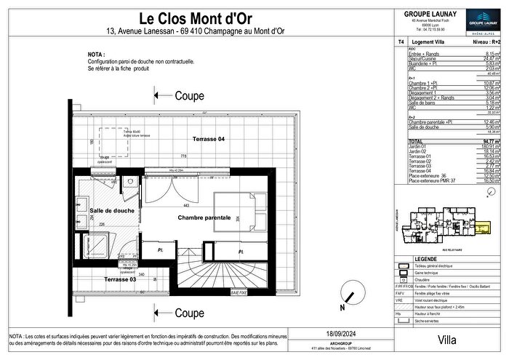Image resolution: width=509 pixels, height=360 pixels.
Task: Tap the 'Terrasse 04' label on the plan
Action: [208, 138]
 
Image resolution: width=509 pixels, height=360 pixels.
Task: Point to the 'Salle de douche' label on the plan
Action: [112, 211]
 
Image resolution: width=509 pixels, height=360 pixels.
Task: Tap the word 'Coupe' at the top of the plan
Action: [189, 95]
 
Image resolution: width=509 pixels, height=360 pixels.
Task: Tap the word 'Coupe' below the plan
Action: [189, 313]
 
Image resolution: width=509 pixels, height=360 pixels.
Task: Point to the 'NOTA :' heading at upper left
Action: [96, 54]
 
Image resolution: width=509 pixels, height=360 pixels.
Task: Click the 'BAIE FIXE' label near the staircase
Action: [239, 292]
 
